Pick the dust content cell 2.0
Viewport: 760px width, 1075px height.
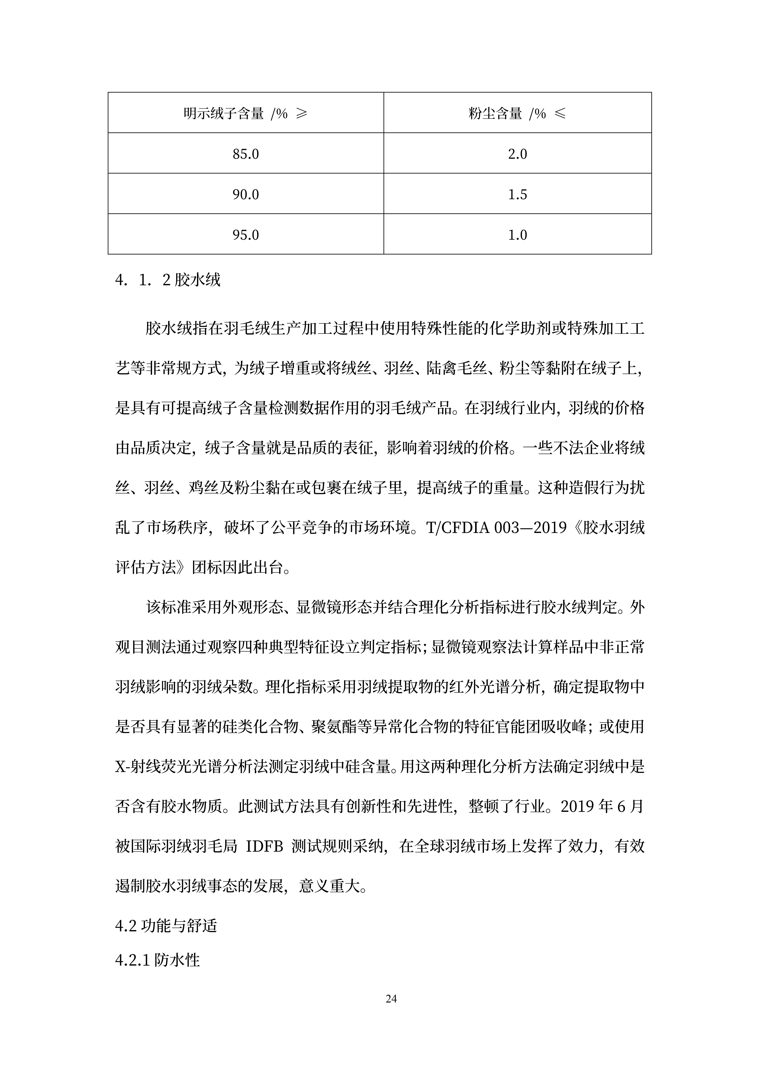pyautogui.click(x=517, y=154)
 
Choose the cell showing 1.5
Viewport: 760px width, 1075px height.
pyautogui.click(x=517, y=194)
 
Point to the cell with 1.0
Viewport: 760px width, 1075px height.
pyautogui.click(x=517, y=235)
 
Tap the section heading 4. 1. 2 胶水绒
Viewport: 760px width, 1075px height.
pyautogui.click(x=168, y=280)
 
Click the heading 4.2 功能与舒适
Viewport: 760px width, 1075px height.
pyautogui.click(x=166, y=926)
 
